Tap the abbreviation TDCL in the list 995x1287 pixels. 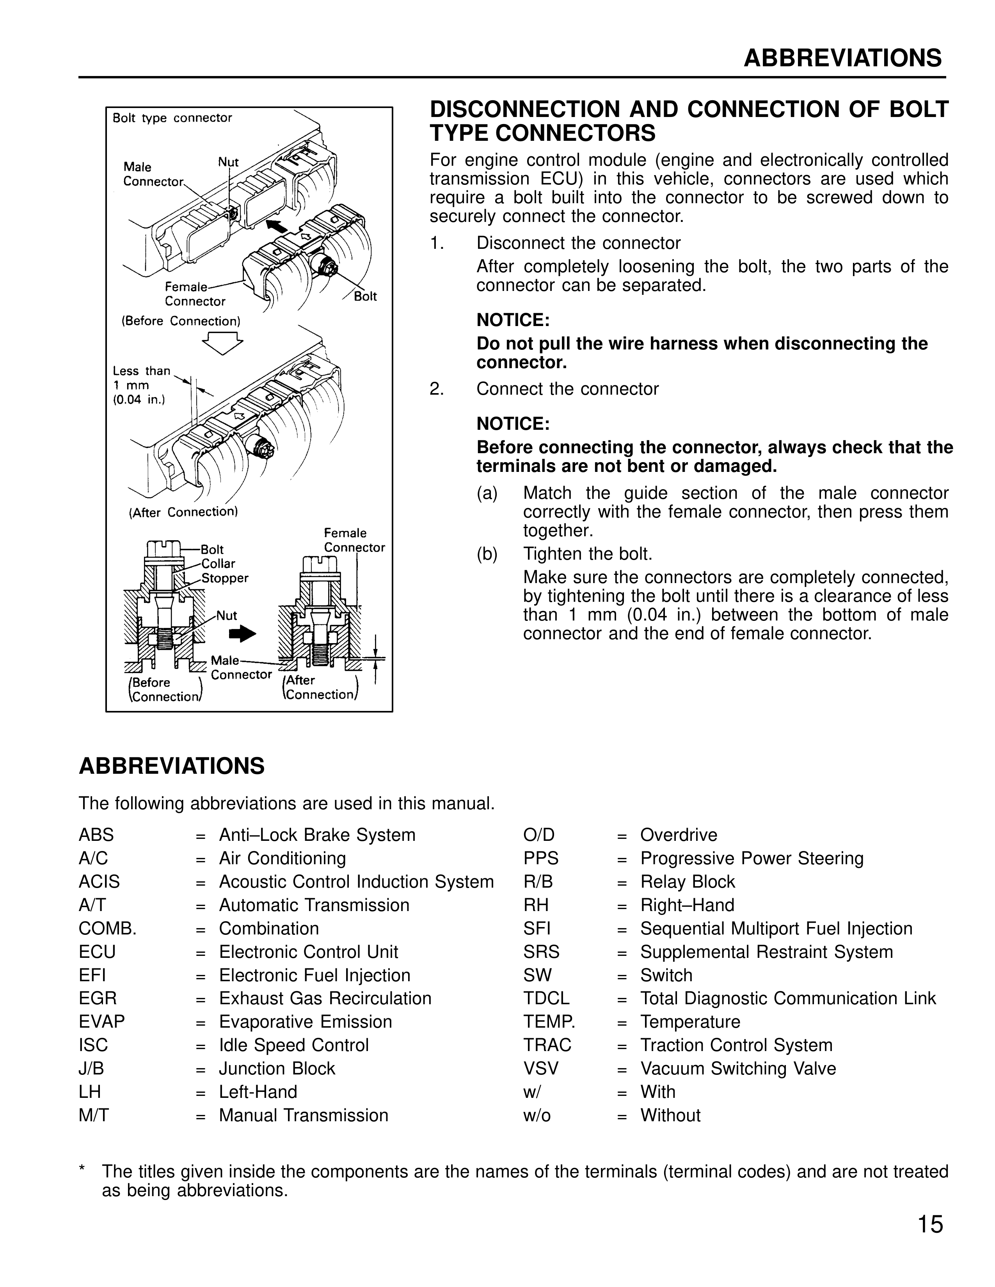click(x=546, y=998)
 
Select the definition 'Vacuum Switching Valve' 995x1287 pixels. click(x=737, y=1068)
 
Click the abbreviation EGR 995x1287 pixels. click(x=98, y=998)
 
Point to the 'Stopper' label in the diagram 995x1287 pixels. click(x=225, y=578)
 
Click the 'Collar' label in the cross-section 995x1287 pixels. click(x=218, y=564)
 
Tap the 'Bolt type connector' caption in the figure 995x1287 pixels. click(x=172, y=118)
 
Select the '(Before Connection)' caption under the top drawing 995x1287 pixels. click(x=181, y=321)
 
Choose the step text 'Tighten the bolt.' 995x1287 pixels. click(x=588, y=554)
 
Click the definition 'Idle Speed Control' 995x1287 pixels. click(x=293, y=1045)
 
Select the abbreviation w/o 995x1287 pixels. click(x=537, y=1115)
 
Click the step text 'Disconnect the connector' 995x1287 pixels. click(x=578, y=243)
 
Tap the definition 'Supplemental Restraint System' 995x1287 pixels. click(x=766, y=952)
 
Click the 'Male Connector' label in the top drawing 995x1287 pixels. click(x=153, y=174)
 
